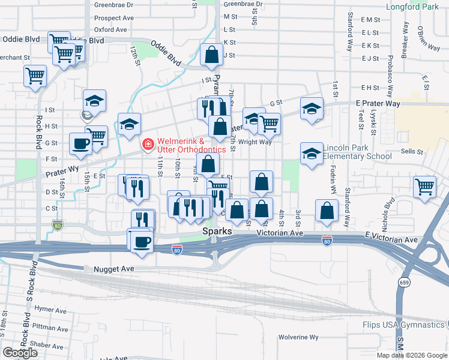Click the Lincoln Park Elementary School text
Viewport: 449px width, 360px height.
tap(358, 152)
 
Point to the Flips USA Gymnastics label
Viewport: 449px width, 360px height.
tap(403, 325)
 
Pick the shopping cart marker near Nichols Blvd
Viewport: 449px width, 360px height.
tap(424, 186)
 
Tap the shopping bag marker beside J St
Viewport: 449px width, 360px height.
tap(212, 55)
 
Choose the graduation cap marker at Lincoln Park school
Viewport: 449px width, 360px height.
tap(312, 154)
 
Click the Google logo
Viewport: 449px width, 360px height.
tap(20, 353)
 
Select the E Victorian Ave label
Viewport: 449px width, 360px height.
tap(390, 239)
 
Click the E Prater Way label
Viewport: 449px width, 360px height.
tap(378, 104)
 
